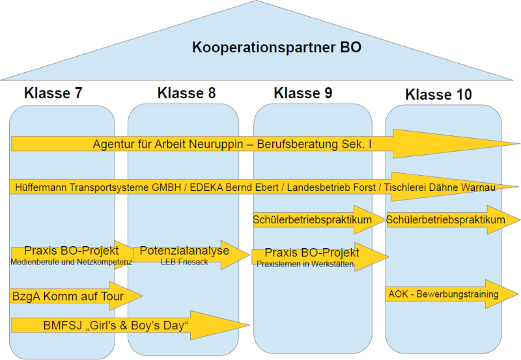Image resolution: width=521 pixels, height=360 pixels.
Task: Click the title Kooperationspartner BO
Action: click(276, 48)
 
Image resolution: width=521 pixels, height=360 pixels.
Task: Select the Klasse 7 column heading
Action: click(53, 93)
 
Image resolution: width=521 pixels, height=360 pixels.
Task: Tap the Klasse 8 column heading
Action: click(187, 93)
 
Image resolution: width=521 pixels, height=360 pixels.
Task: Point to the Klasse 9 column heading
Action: click(303, 93)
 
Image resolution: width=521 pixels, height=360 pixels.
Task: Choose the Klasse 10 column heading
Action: click(439, 95)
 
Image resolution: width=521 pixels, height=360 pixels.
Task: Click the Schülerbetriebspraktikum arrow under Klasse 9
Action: click(312, 220)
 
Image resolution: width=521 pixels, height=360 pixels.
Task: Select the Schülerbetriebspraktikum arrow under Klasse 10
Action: click(445, 220)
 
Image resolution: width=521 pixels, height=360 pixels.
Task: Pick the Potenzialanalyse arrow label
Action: click(185, 251)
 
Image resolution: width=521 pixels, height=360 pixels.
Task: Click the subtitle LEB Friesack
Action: click(185, 262)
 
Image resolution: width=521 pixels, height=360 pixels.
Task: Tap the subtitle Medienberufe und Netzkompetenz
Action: click(72, 262)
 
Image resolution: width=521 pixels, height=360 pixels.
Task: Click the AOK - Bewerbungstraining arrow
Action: click(442, 294)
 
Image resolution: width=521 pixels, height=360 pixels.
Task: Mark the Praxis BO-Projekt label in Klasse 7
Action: click(72, 251)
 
